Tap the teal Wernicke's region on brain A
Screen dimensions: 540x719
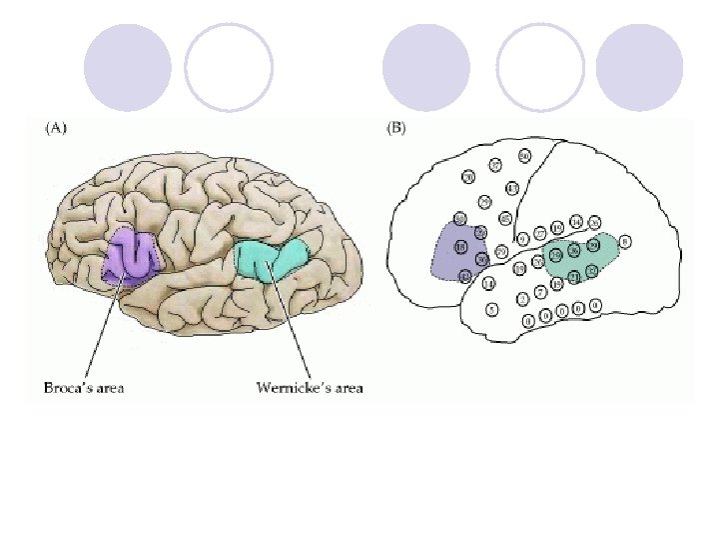pyautogui.click(x=270, y=260)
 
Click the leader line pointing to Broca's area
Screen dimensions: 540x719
pyautogui.click(x=104, y=330)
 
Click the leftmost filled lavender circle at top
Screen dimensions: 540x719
pyautogui.click(x=127, y=68)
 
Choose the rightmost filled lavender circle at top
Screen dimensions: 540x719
pyautogui.click(x=638, y=68)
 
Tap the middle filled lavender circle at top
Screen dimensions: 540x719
pyautogui.click(x=426, y=68)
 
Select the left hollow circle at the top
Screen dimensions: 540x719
pyautogui.click(x=229, y=68)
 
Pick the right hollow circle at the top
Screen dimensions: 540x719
pyautogui.click(x=540, y=68)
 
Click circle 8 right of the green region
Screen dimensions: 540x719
pyautogui.click(x=624, y=241)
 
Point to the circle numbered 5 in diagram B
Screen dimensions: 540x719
pyautogui.click(x=491, y=310)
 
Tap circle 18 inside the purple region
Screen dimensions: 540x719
pyautogui.click(x=460, y=247)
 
